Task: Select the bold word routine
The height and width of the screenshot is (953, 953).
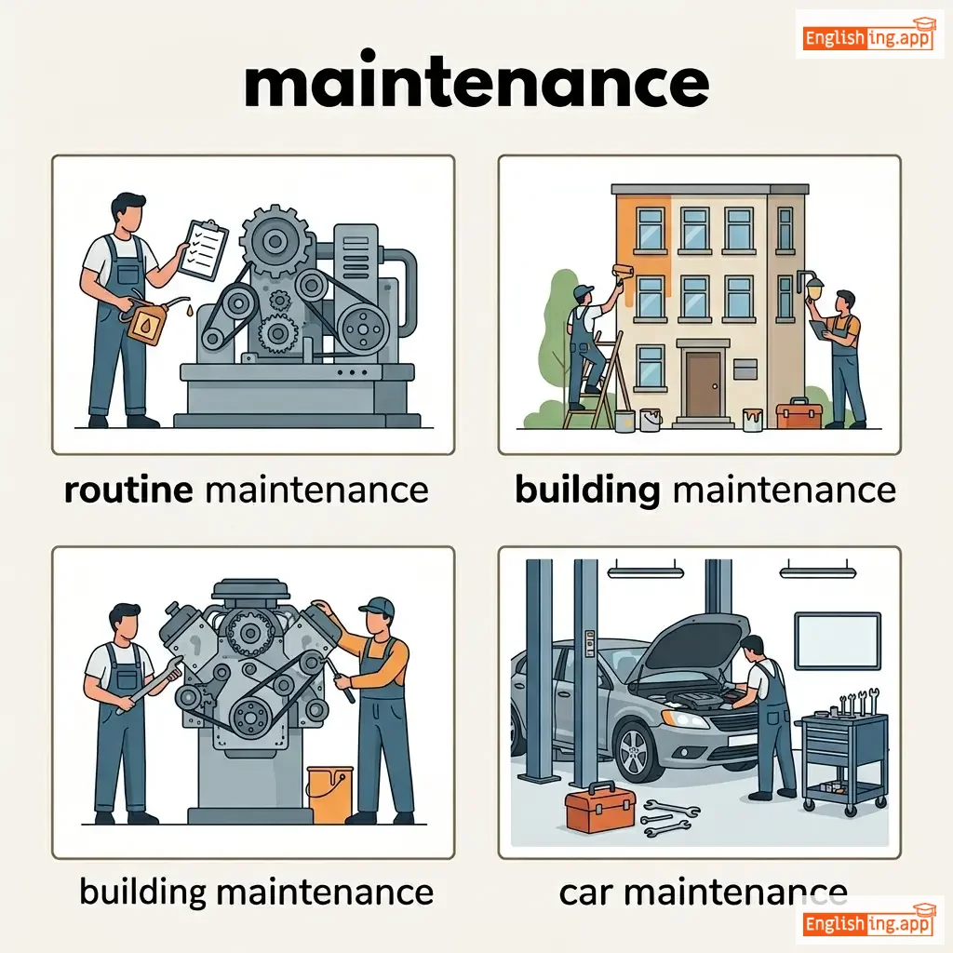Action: coord(128,490)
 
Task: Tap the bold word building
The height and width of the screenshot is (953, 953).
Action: coord(587,490)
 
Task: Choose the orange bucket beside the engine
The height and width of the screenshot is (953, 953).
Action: coord(329,795)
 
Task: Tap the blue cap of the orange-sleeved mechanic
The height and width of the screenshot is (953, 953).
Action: coord(378,606)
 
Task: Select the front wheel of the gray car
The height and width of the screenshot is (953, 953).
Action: coord(636,752)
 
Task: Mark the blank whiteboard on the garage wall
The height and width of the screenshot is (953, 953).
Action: coord(838,641)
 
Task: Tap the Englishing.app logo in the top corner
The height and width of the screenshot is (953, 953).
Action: coord(868,37)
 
